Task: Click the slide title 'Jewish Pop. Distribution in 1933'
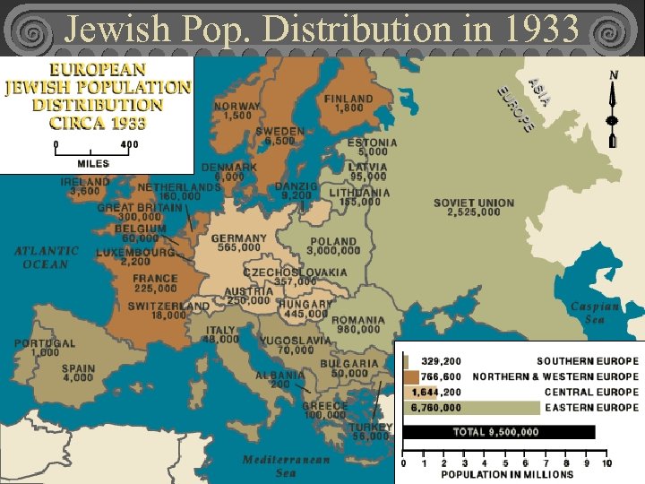322,29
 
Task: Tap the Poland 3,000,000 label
334,246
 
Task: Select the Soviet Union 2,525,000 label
474,208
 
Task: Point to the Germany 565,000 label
238,243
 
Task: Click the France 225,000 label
155,283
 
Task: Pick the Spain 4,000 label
78,373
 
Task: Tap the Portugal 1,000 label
44,348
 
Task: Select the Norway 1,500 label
237,111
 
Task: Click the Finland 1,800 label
348,103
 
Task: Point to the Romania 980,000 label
358,324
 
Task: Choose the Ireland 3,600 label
85,186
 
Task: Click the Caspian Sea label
595,313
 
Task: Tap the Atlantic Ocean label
47,257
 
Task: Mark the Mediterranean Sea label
286,466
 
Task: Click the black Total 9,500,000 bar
498,432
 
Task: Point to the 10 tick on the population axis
606,463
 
